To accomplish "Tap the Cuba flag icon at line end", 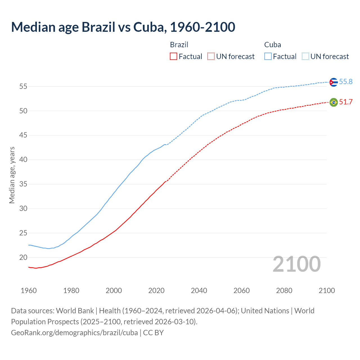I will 334,82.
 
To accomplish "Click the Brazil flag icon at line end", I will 334,102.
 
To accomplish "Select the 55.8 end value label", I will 346,82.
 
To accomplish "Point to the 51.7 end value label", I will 346,102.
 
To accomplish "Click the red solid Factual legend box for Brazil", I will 174,57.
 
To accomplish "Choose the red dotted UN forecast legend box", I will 211,57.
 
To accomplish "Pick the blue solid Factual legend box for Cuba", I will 268,57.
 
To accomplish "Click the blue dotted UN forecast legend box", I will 305,57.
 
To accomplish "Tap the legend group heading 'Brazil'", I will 179,45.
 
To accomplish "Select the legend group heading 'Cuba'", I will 273,45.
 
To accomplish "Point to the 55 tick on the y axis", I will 23,86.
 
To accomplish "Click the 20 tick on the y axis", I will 23,258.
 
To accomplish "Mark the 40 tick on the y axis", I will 23,160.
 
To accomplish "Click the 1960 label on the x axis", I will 29,291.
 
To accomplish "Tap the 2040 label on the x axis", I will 199,291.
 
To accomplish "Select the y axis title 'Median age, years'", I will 12,175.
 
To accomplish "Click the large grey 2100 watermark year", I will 296,264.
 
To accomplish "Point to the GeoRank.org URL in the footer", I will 74,333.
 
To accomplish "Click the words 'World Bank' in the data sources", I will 75,311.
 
